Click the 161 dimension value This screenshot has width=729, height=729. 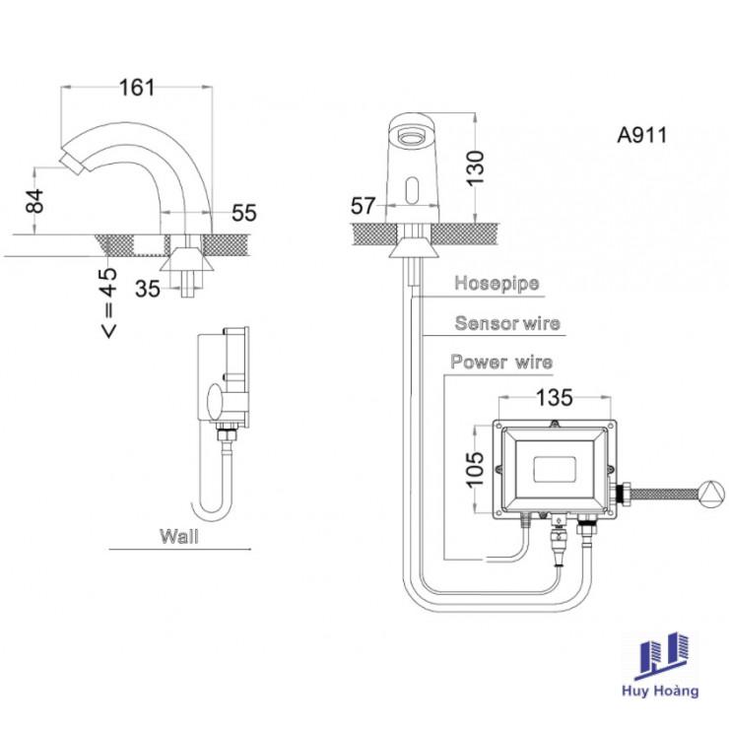(138, 87)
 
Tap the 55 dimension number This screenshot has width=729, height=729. (244, 212)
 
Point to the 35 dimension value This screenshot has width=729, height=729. (148, 289)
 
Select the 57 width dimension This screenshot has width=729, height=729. (364, 206)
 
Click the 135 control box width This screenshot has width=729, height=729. (554, 398)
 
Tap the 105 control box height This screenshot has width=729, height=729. (475, 472)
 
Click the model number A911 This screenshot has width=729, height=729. (642, 136)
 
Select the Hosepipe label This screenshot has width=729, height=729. (497, 284)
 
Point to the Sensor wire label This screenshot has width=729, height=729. (506, 323)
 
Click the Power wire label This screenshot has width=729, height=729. (501, 362)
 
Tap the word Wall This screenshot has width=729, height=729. (178, 537)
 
